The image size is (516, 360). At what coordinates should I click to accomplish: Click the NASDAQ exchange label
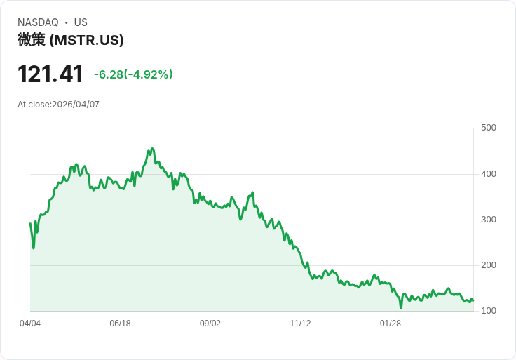(38, 22)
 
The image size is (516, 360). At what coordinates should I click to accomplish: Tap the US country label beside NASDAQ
(81, 22)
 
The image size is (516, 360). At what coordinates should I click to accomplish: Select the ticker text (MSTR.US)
(86, 41)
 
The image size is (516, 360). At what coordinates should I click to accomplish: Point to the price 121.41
(50, 74)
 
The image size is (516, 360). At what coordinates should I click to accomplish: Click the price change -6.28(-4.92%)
(133, 74)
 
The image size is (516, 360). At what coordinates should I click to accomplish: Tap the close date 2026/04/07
(76, 105)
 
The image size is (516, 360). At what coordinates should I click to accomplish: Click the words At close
(33, 105)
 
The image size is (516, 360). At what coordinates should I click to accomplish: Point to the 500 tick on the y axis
(488, 128)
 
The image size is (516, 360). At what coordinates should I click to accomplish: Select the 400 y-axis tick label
(488, 174)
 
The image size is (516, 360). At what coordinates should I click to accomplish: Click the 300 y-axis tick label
(488, 220)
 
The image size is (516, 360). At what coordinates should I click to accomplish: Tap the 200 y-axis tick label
(488, 265)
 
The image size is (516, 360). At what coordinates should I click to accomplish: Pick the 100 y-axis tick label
(488, 311)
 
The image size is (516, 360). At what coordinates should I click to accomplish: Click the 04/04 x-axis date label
(30, 324)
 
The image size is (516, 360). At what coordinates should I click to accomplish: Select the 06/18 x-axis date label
(120, 324)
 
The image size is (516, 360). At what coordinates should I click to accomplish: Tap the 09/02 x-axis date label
(210, 324)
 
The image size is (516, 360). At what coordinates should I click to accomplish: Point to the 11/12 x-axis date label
(300, 324)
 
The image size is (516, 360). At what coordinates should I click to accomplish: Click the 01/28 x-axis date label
(391, 324)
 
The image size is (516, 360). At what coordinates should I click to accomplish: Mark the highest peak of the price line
(152, 149)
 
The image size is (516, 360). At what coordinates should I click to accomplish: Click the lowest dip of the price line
(401, 307)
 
